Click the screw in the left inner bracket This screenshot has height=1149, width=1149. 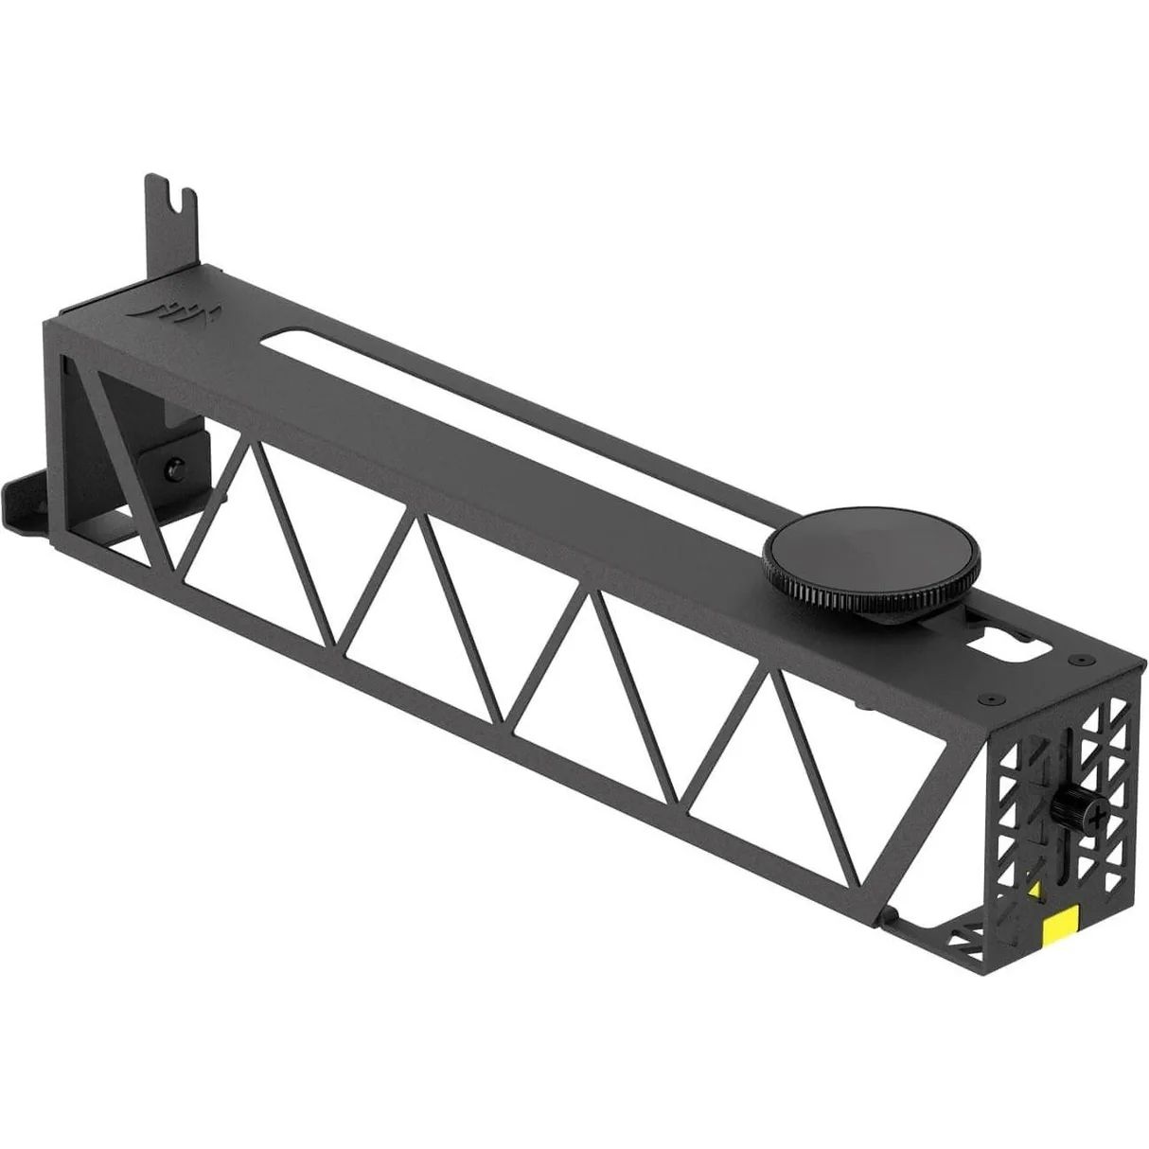(173, 467)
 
